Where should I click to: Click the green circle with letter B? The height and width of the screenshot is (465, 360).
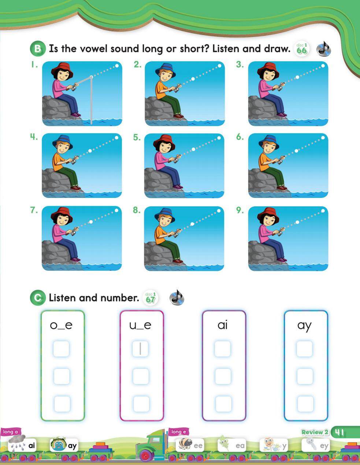tap(38, 49)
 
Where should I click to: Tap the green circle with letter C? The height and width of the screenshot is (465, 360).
tap(38, 298)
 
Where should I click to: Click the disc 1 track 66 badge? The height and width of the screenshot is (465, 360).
tap(302, 49)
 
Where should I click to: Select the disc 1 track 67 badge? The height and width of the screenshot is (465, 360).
tap(151, 298)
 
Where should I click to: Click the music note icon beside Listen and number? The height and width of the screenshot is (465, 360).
tap(177, 298)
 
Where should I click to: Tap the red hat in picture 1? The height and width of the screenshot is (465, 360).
tap(62, 70)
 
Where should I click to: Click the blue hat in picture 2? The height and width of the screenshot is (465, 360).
tap(165, 70)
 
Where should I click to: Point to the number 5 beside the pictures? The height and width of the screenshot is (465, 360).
tap(137, 138)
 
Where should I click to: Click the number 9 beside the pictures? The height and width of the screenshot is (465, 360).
tap(240, 210)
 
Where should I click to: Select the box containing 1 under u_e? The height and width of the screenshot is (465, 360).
tap(140, 349)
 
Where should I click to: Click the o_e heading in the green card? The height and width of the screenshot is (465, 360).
tap(61, 325)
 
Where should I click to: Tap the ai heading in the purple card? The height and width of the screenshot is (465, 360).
tap(222, 325)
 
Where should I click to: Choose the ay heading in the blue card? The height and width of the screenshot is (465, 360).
tap(304, 326)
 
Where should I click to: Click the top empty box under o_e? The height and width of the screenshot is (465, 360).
tap(61, 349)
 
